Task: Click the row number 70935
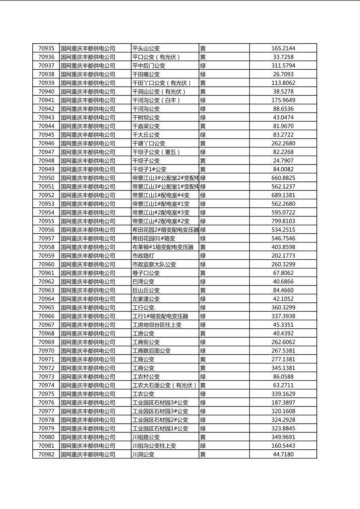click(46, 48)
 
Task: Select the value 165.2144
click(283, 48)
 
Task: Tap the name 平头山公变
click(146, 48)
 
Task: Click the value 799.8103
click(283, 221)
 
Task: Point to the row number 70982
click(46, 455)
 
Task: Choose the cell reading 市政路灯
click(143, 256)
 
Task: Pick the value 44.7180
click(283, 455)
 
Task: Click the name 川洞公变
click(143, 455)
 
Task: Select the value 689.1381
click(283, 195)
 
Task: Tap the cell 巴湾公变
click(143, 282)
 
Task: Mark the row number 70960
click(46, 264)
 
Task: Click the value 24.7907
click(283, 161)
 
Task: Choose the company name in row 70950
click(88, 178)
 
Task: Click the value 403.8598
click(283, 247)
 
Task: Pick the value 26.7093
click(283, 74)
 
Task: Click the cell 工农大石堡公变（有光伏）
click(164, 385)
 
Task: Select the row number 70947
click(46, 152)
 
